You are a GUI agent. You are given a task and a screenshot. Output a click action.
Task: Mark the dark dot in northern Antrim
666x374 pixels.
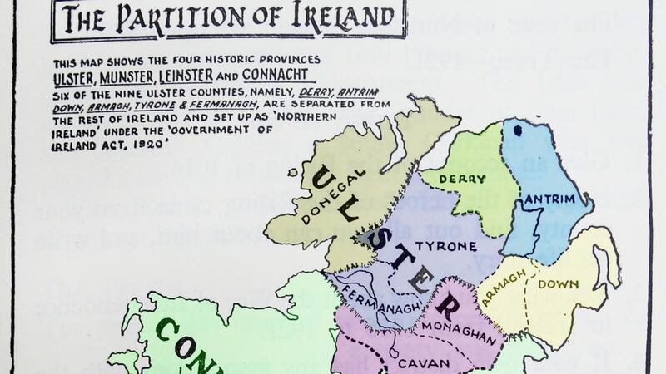519,129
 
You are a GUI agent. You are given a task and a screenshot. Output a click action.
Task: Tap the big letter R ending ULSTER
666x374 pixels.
445,308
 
